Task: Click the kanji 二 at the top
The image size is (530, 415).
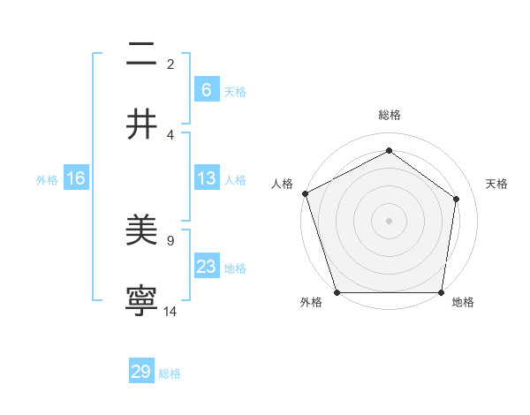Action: [x=141, y=55]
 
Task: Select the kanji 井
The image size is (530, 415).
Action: [x=141, y=124]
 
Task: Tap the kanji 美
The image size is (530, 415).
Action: [x=141, y=231]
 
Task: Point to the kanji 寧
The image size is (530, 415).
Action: [x=141, y=301]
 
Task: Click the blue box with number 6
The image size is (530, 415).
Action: [x=206, y=90]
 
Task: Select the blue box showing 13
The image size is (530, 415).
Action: [x=206, y=178]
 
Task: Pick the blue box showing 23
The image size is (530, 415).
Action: [x=206, y=267]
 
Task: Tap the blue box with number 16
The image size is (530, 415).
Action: [x=75, y=178]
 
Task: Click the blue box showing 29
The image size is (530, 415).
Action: [x=141, y=372]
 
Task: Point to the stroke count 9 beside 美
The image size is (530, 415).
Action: [x=170, y=240]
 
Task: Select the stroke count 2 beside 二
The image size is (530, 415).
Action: [x=170, y=64]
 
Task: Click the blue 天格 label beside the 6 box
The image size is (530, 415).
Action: [x=235, y=91]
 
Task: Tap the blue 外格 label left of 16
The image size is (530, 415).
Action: [x=47, y=179]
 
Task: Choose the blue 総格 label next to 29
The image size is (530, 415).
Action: [x=170, y=373]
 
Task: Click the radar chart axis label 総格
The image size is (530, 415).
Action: [x=389, y=115]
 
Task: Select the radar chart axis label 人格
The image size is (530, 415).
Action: [x=282, y=184]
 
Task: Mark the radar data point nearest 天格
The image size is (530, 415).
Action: [x=457, y=199]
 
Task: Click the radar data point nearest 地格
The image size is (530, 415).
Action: [x=441, y=292]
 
